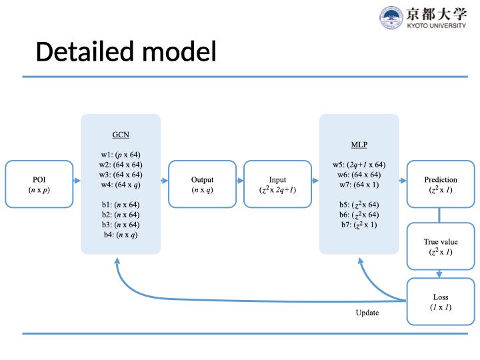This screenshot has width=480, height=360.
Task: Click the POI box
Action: [39, 184]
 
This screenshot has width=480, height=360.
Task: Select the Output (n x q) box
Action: [202, 184]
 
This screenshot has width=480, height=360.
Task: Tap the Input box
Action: [277, 184]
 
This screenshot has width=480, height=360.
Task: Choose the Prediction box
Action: [440, 184]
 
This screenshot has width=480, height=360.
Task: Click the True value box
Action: [440, 247]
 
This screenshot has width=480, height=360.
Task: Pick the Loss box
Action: [440, 301]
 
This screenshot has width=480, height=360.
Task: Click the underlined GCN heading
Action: [121, 134]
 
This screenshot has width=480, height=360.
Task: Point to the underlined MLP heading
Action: [359, 144]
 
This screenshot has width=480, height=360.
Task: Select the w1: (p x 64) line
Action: [121, 155]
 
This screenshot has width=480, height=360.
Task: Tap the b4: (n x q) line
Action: [121, 235]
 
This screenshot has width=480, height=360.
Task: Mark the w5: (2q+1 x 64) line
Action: [359, 165]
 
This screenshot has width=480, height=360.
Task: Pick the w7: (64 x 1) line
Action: [359, 184]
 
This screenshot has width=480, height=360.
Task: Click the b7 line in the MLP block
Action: [359, 225]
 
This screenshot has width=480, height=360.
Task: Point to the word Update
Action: [367, 313]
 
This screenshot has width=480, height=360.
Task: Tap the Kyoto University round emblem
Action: [391, 17]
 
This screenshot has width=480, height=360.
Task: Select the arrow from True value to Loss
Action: [440, 272]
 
